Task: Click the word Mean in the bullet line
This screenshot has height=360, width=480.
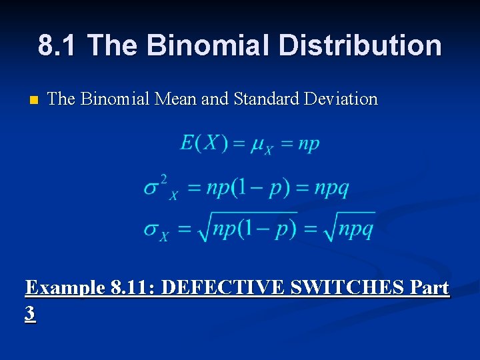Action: [x=177, y=99]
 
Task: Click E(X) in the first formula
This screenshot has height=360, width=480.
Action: [x=203, y=143]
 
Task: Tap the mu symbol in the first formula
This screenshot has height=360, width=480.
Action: [x=257, y=145]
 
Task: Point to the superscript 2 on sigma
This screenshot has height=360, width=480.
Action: [x=164, y=178]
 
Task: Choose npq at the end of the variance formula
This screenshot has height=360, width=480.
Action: [x=331, y=189]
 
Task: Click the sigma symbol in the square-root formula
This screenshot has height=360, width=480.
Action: [x=152, y=230]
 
